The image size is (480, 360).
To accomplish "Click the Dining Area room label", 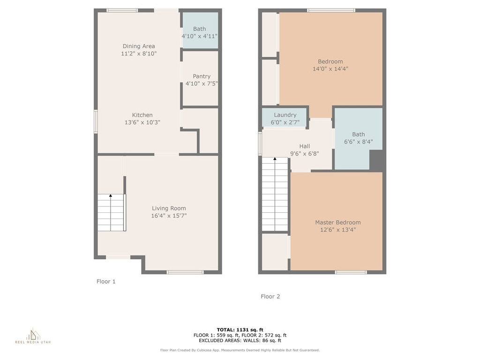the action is (x=139, y=46).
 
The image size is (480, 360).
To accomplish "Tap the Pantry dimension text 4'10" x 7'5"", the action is (x=202, y=83).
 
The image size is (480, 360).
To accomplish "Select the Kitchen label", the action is (x=142, y=115).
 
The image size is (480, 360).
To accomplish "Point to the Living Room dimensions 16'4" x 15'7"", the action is (x=169, y=216).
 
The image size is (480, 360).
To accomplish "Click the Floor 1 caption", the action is (x=106, y=282).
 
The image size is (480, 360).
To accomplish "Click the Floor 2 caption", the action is (x=270, y=296).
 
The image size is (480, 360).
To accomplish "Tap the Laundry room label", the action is (x=285, y=115).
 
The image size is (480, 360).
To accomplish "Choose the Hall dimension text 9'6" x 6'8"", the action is (x=305, y=154).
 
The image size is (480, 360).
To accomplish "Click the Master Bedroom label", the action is (x=338, y=223).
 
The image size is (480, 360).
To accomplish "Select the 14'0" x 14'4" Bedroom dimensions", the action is (x=330, y=69).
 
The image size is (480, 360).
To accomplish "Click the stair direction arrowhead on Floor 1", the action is (x=111, y=195).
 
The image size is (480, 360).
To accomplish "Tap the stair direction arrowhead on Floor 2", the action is (x=275, y=158).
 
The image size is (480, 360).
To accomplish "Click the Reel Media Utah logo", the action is (x=33, y=336).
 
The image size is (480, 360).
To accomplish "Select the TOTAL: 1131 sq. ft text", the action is (x=240, y=330).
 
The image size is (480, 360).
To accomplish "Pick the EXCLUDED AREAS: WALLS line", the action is (x=240, y=340).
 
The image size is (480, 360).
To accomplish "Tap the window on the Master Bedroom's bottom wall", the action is (x=351, y=272).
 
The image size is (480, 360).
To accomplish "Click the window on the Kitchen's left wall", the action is (x=96, y=121).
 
